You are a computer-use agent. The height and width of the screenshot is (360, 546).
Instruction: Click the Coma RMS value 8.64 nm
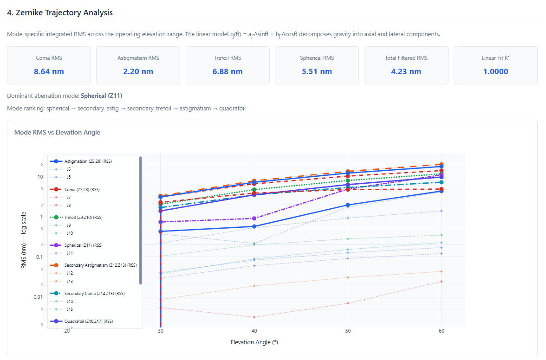tap(49, 71)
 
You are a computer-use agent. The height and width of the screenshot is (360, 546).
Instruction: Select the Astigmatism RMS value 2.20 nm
tap(138, 71)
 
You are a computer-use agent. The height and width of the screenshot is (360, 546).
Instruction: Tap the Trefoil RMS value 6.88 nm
tap(227, 71)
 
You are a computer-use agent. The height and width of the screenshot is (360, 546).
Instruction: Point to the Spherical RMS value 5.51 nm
tap(317, 71)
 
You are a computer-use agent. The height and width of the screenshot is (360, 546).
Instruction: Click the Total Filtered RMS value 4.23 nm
tap(406, 71)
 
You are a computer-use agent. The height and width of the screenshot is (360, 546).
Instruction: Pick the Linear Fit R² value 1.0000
tap(495, 71)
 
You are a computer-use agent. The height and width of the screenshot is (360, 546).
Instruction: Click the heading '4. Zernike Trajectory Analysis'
tap(60, 13)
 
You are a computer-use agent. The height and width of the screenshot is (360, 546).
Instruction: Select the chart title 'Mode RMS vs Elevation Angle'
tap(57, 132)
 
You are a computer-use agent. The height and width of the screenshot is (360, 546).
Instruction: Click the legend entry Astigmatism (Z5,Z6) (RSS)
tap(88, 161)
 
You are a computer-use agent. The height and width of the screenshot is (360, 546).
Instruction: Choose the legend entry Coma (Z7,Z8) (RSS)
tap(83, 190)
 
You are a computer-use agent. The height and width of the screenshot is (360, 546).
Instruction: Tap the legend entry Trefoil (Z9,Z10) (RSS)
tap(84, 218)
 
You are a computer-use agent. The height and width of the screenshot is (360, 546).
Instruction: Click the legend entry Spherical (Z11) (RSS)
tap(84, 245)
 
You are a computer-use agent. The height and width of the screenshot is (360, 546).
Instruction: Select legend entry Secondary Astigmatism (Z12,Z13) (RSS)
tap(100, 265)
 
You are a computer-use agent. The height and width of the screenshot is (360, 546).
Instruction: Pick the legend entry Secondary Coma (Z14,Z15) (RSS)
tap(95, 294)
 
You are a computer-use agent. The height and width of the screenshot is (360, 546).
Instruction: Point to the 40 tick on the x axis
tap(254, 331)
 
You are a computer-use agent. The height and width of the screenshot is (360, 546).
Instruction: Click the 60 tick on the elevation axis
tap(441, 331)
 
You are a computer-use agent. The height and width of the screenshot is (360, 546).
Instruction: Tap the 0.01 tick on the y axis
tap(38, 297)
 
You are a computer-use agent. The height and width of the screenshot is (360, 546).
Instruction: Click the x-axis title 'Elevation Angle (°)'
tap(254, 342)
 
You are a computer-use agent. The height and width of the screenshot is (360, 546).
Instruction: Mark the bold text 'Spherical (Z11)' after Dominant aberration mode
tap(101, 96)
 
